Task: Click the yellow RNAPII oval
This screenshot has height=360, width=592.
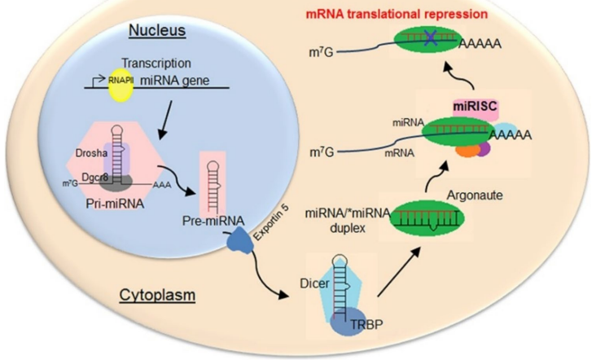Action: (120, 85)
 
